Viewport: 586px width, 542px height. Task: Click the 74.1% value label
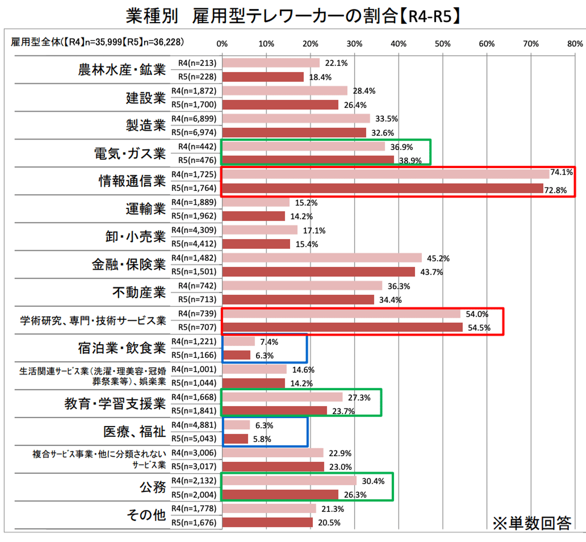[x=561, y=172]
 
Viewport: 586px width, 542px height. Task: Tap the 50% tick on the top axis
[x=442, y=44]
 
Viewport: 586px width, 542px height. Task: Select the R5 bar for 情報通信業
[x=383, y=188]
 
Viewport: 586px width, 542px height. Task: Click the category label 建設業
[x=146, y=98]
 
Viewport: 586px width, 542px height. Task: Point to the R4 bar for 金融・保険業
[x=322, y=258]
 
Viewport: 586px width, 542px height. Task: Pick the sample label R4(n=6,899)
[x=194, y=118]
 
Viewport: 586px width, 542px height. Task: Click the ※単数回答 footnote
[x=532, y=523]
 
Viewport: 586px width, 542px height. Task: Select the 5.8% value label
[x=262, y=439]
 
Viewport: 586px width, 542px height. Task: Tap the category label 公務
[x=153, y=487]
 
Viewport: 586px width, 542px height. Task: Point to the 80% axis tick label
[x=575, y=44]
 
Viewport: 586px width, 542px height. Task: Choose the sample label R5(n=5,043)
[x=194, y=439]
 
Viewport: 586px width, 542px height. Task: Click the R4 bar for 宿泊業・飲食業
[x=239, y=341]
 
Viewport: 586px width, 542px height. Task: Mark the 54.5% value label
[x=479, y=328]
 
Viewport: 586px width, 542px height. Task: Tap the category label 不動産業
[x=139, y=292]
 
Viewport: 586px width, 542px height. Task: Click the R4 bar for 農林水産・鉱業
[x=271, y=63]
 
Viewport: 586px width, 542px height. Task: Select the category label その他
[x=146, y=515]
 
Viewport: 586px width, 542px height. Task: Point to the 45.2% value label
[x=438, y=259]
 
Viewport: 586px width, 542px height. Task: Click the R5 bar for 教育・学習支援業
[x=275, y=410]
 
